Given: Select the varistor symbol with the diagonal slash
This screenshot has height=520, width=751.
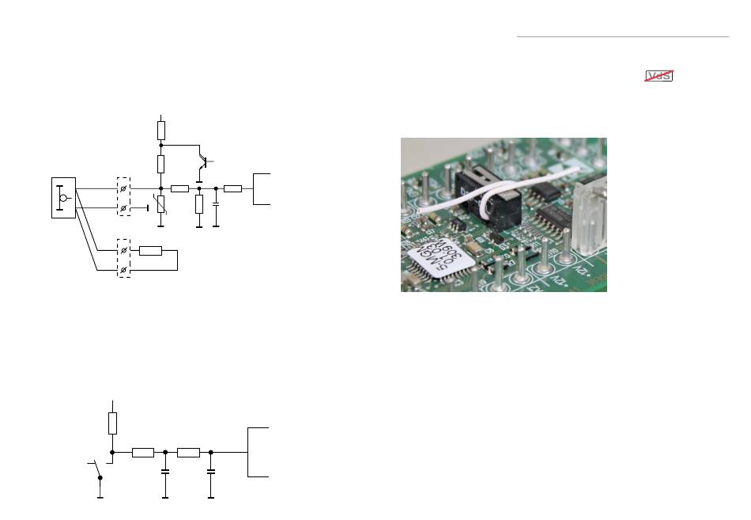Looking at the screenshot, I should (x=160, y=204).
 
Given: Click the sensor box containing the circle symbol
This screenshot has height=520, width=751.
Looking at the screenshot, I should (x=63, y=197).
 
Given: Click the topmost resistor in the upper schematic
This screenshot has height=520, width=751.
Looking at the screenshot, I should (x=160, y=130).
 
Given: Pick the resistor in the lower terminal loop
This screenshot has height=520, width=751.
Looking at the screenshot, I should (x=150, y=251).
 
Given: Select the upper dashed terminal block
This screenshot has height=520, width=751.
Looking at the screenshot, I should (x=123, y=197).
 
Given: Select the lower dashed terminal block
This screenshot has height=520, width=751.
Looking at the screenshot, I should (x=123, y=259).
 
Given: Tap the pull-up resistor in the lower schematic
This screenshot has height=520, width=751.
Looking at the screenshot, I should (x=112, y=423).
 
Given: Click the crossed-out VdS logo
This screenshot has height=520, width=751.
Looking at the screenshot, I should (x=659, y=76).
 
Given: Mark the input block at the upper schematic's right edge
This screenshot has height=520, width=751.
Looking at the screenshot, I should (x=262, y=188).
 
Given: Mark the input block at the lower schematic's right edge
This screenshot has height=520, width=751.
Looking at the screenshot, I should (x=259, y=452).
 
